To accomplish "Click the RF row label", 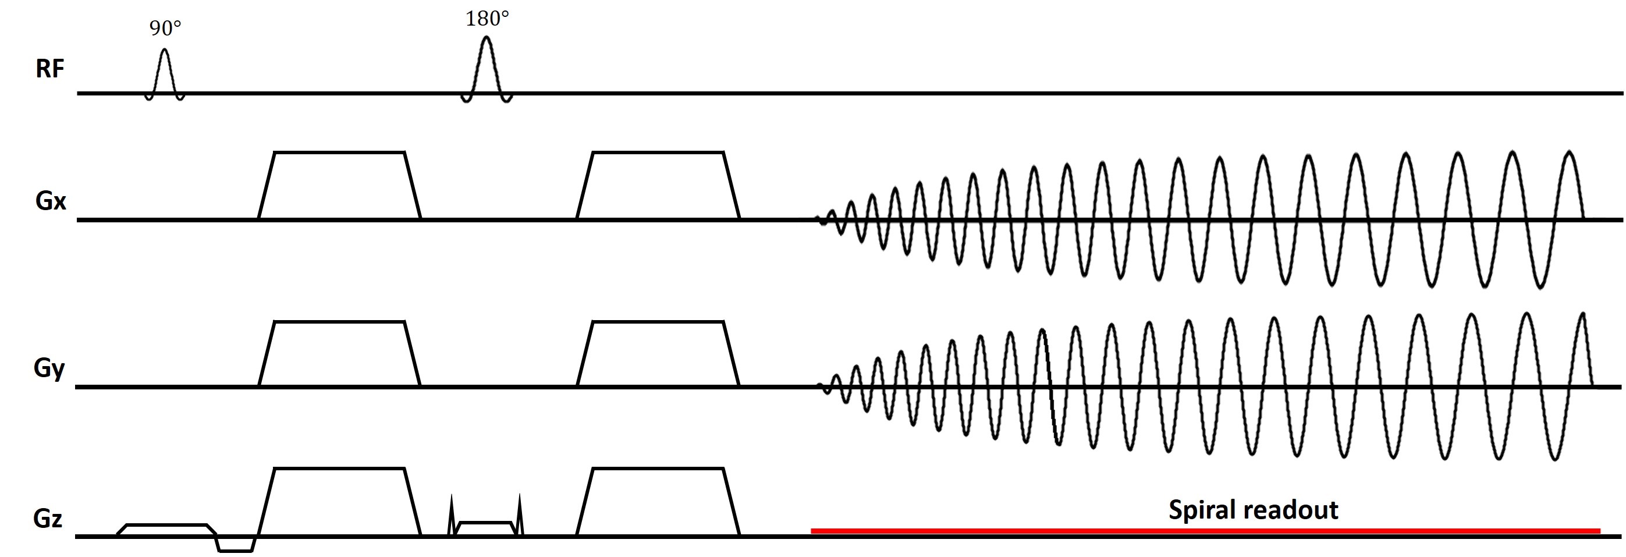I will point(49,68).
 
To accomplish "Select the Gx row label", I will point(51,201).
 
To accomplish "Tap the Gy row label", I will point(49,367).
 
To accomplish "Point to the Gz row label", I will point(48,519).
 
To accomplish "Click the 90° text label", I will point(165,29).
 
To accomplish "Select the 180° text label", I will point(487,20).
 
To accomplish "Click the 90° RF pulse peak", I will point(165,51).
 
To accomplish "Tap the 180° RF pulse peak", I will point(486,37).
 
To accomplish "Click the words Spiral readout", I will point(1253,510).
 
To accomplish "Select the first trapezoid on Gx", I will point(339,186).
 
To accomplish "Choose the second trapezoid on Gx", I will point(658,186).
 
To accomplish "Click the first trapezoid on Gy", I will point(339,354).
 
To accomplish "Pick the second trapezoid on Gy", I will point(658,354).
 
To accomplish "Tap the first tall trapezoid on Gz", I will point(339,502).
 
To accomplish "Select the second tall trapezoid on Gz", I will point(658,502).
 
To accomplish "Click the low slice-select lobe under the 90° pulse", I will point(167,530).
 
